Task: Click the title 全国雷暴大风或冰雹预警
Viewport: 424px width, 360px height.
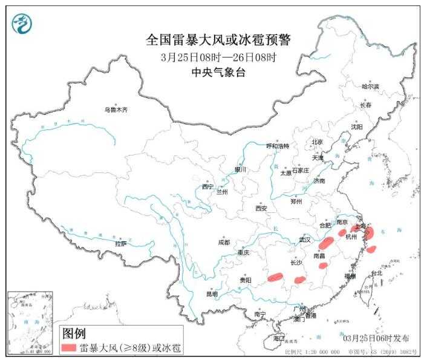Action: pos(218,41)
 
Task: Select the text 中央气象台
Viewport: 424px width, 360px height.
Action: pos(218,73)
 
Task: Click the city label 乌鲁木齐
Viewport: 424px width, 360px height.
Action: pos(116,110)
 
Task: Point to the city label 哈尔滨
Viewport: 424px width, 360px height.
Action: pos(370,87)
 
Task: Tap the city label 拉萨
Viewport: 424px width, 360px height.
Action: pos(120,244)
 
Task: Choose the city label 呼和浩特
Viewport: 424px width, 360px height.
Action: pos(278,146)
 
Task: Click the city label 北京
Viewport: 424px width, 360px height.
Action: pos(317,142)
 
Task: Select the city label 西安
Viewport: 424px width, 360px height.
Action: pos(261,208)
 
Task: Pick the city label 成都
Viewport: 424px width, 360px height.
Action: pos(224,243)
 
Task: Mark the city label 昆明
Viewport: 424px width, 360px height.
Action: pos(212,294)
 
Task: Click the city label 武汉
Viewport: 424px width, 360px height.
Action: pos(304,240)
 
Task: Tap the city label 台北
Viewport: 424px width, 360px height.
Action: pos(376,273)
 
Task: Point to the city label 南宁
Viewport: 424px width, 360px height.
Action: pos(260,314)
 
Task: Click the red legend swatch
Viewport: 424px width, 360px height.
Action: pos(68,348)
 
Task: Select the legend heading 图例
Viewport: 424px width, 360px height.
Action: pos(74,333)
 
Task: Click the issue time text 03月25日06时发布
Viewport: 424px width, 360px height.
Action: pos(376,338)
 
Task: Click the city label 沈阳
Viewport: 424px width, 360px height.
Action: pos(357,127)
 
